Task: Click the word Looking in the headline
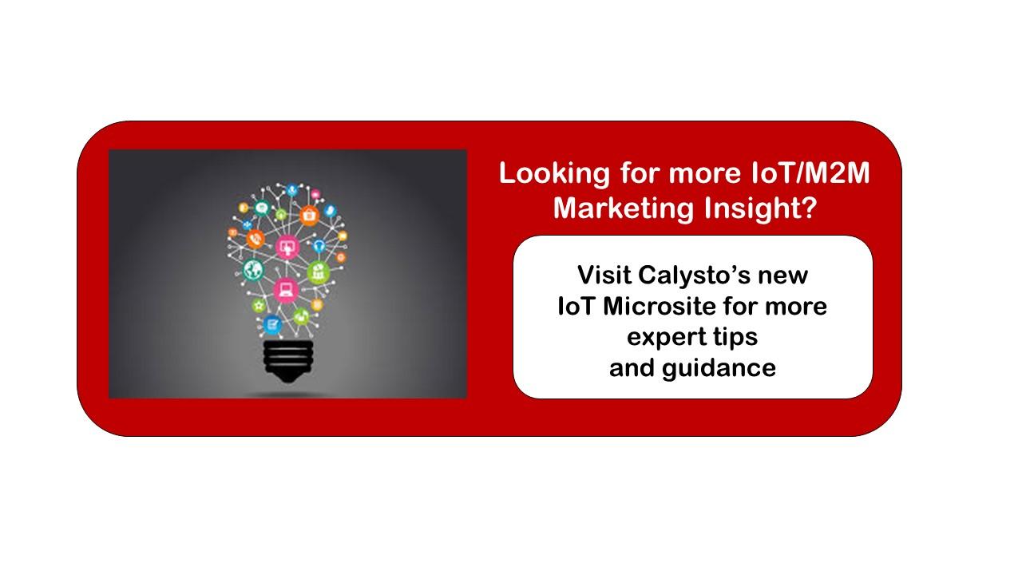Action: click(554, 174)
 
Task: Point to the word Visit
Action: click(604, 275)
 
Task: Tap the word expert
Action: click(666, 338)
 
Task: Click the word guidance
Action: click(719, 368)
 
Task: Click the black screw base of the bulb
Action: click(288, 360)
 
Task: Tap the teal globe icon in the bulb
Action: click(253, 269)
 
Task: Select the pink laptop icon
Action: click(286, 289)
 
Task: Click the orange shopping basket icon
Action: click(309, 215)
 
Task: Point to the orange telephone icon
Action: click(255, 239)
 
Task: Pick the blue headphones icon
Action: click(319, 245)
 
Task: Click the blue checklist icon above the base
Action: click(272, 324)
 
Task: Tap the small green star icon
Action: click(259, 305)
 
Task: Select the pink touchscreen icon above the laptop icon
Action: click(287, 248)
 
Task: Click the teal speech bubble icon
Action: click(261, 208)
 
